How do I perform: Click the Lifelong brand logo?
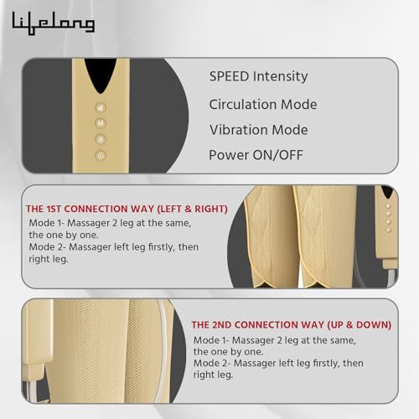54,23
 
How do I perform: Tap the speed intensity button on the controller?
101,108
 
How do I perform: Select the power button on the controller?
101,155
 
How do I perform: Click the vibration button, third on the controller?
101,139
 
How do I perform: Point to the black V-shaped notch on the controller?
101,75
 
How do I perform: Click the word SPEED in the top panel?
229,76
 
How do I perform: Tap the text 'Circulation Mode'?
263,105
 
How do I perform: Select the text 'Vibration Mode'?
259,130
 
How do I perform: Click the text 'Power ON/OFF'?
256,155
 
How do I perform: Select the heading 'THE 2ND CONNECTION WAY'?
257,325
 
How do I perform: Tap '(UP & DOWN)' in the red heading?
359,325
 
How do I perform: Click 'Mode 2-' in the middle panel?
47,247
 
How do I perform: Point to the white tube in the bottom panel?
165,349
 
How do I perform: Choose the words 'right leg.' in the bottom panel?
213,375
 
